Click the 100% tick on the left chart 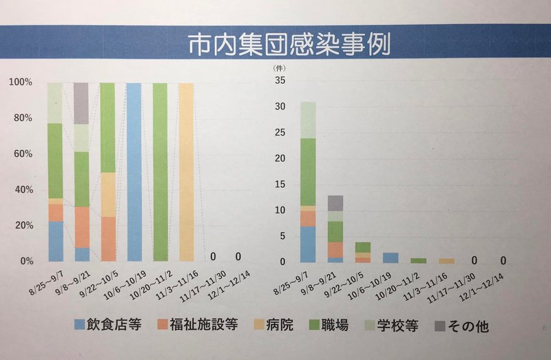21,83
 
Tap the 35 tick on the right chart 280,81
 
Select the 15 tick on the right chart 280,184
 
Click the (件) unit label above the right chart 279,67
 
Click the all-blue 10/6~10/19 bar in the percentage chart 134,172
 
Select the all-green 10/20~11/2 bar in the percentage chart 160,172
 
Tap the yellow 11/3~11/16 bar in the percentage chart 187,172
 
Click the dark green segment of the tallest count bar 307,172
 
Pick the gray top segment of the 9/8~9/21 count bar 335,202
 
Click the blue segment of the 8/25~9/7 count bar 307,244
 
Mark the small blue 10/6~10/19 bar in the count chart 391,257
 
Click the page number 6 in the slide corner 543,328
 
